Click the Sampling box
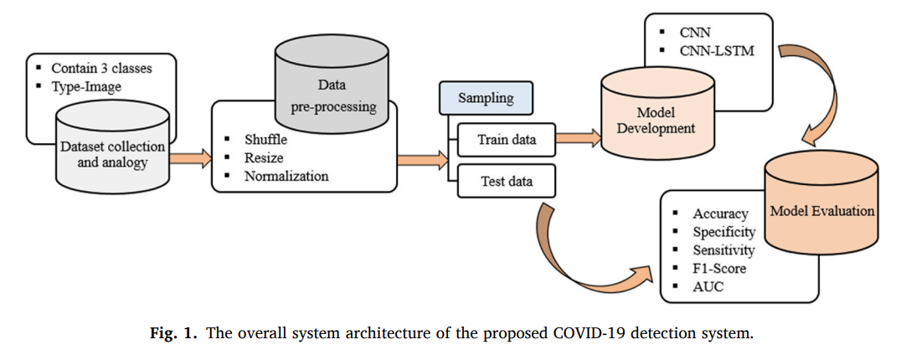(x=486, y=98)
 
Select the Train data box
(x=507, y=139)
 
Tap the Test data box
(x=507, y=180)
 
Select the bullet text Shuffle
(x=265, y=139)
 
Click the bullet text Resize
(x=264, y=157)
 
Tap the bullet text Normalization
(x=286, y=176)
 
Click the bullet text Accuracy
(x=719, y=213)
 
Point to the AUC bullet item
(x=708, y=287)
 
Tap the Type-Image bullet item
(x=85, y=85)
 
